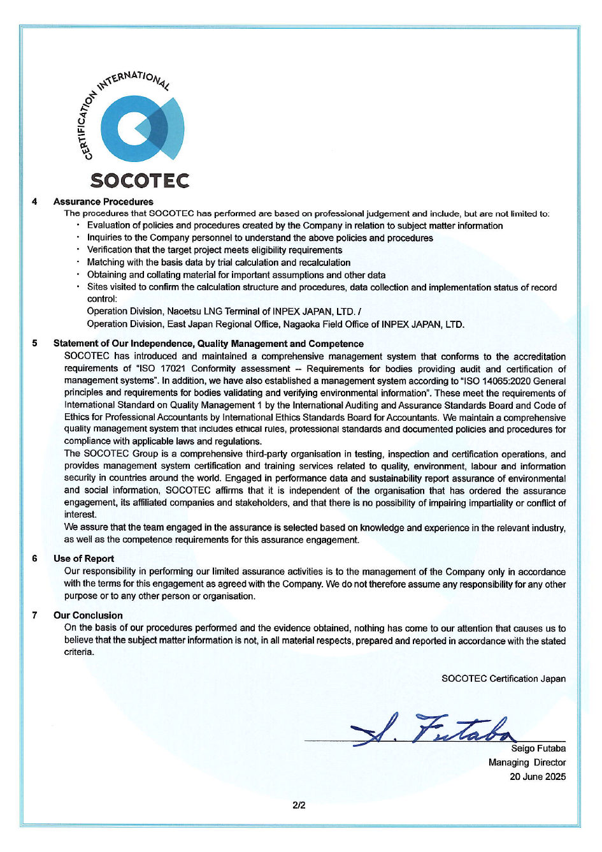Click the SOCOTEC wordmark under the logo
pos(140,181)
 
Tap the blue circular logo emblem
pos(142,128)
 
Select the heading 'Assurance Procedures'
pos(103,202)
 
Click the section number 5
pos(34,343)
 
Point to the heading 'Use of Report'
pos(83,559)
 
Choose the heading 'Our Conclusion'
pos(88,615)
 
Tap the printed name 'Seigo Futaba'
pos(538,749)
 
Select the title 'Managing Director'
pos(527,763)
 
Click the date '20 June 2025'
pos(537,777)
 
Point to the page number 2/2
pos(299,805)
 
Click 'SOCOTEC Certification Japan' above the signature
pos(503,679)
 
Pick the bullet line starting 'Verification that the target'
pos(214,250)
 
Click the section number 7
pos(34,615)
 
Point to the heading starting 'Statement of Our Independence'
pos(208,344)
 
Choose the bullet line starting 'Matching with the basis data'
pos(219,262)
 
